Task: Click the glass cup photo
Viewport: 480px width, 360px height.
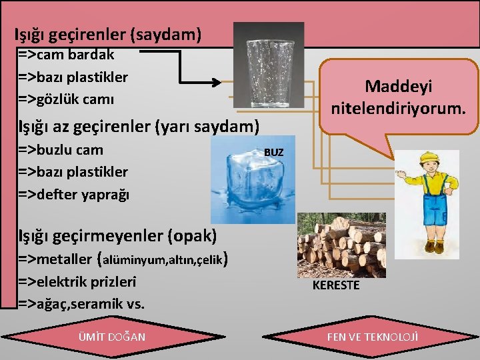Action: pyautogui.click(x=269, y=65)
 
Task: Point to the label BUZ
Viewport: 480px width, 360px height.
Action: pyautogui.click(x=273, y=152)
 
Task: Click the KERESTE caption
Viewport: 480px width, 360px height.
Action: pyautogui.click(x=336, y=285)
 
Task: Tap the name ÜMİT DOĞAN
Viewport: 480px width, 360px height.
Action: pyautogui.click(x=111, y=337)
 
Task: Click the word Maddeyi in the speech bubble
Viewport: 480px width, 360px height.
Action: pyautogui.click(x=399, y=86)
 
